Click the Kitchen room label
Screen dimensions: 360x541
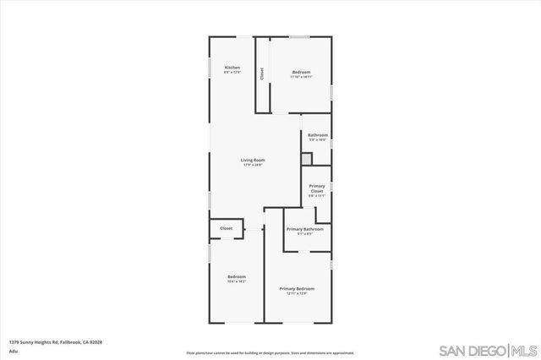232,67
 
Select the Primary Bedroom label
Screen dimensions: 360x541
298,289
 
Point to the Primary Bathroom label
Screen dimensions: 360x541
304,229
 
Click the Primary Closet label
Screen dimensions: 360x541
317,188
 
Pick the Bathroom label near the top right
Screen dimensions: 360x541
318,135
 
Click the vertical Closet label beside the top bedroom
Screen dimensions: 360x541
262,74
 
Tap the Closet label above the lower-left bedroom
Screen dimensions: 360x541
227,228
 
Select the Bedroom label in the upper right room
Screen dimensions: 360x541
302,73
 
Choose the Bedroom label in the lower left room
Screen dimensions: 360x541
237,276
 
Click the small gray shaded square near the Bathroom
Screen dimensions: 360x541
307,157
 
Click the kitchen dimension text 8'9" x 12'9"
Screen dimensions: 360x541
232,73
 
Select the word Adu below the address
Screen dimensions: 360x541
13,350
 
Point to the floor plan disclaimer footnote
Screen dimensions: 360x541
270,352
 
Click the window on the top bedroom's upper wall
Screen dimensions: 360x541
299,36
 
